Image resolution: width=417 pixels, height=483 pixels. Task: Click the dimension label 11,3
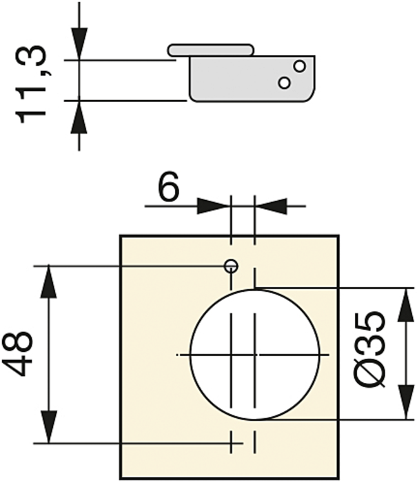coord(30,84)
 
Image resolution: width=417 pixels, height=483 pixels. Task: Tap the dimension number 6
coord(168,186)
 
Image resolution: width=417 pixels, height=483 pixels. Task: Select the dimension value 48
coord(17,354)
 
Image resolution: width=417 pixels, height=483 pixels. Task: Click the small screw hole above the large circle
coord(231,266)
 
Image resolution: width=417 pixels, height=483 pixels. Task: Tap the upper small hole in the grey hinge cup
coord(299,66)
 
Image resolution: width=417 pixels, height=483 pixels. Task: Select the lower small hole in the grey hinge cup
coord(285,83)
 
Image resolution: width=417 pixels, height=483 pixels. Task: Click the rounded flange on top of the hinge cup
coord(211,50)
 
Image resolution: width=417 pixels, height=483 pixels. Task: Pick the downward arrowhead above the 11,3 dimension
coord(79,43)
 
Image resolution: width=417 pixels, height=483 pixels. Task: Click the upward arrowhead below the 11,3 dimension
coord(79,117)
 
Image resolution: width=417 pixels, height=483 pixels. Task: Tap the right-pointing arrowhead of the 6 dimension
coord(213,206)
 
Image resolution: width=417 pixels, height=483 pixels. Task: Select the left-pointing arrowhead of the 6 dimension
coord(271,206)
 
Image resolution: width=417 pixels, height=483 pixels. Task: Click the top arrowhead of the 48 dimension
coord(49,282)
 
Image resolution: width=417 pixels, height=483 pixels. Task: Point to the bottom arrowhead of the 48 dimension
coord(49,426)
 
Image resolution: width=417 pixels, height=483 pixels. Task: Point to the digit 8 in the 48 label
coord(17,342)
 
